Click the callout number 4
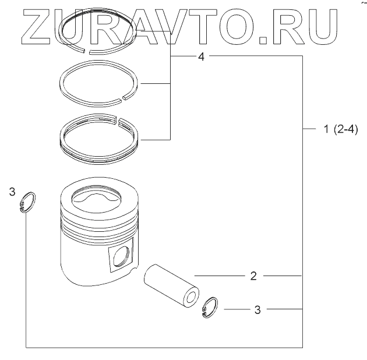click(x=202, y=57)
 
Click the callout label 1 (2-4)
click(x=341, y=129)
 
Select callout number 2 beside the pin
click(x=253, y=276)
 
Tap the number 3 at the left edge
click(x=12, y=192)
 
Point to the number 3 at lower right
click(x=257, y=310)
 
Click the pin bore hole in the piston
click(x=121, y=257)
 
